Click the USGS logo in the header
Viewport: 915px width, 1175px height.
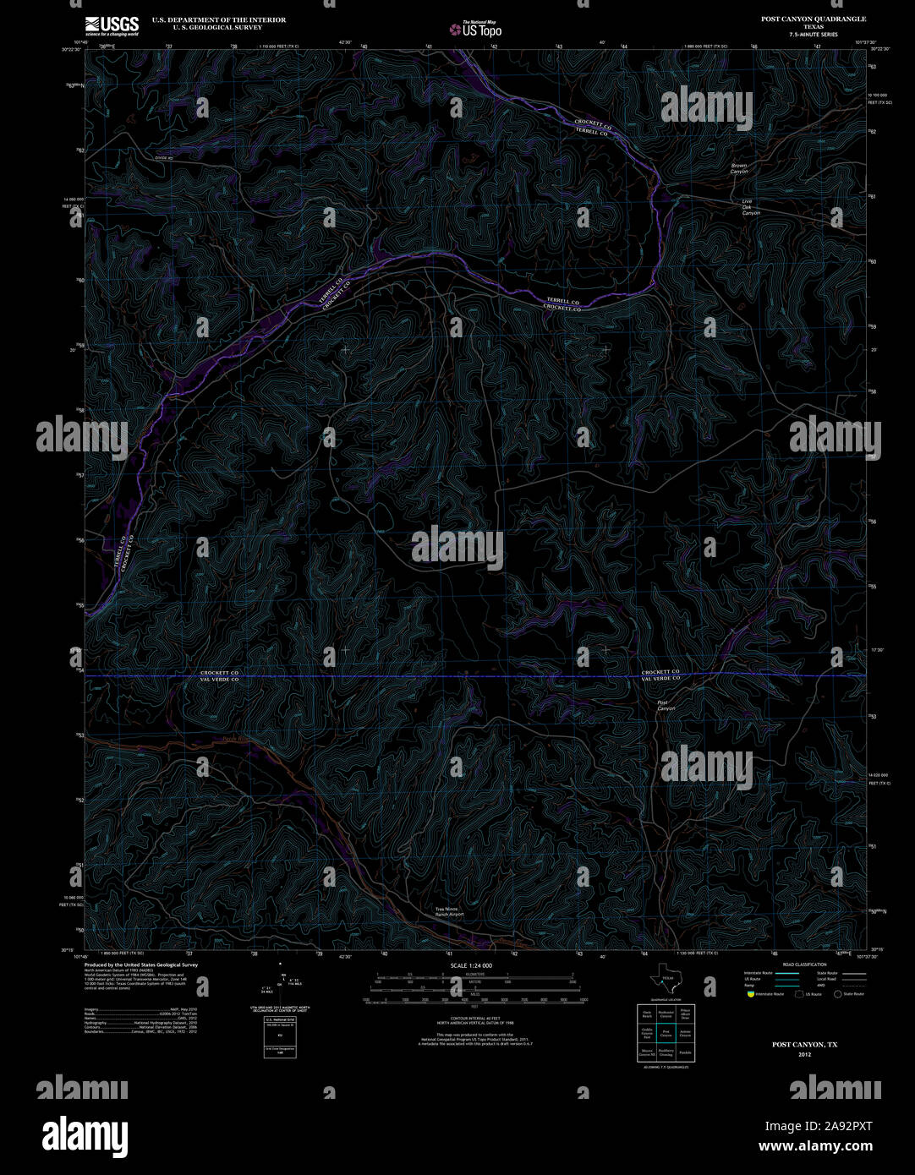pyautogui.click(x=112, y=25)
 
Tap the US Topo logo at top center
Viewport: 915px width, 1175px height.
pyautogui.click(x=476, y=30)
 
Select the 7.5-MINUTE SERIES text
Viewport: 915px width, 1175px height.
pyautogui.click(x=813, y=34)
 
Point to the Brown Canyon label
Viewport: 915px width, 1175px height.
pyautogui.click(x=740, y=168)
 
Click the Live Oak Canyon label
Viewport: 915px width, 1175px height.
pyautogui.click(x=750, y=207)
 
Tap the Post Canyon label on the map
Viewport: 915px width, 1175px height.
pyautogui.click(x=666, y=705)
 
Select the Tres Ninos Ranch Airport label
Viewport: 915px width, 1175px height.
pyautogui.click(x=449, y=912)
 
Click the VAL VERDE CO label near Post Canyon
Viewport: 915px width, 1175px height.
pyautogui.click(x=660, y=679)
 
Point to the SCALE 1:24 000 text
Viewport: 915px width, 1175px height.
pyautogui.click(x=472, y=965)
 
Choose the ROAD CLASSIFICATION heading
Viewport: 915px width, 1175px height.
pyautogui.click(x=804, y=965)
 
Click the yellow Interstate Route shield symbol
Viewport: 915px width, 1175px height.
pyautogui.click(x=749, y=994)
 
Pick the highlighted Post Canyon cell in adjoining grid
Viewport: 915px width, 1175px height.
pyautogui.click(x=666, y=1033)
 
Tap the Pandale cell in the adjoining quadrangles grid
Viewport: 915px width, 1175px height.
pyautogui.click(x=685, y=1053)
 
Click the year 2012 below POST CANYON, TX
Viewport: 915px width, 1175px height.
pyautogui.click(x=803, y=1054)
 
